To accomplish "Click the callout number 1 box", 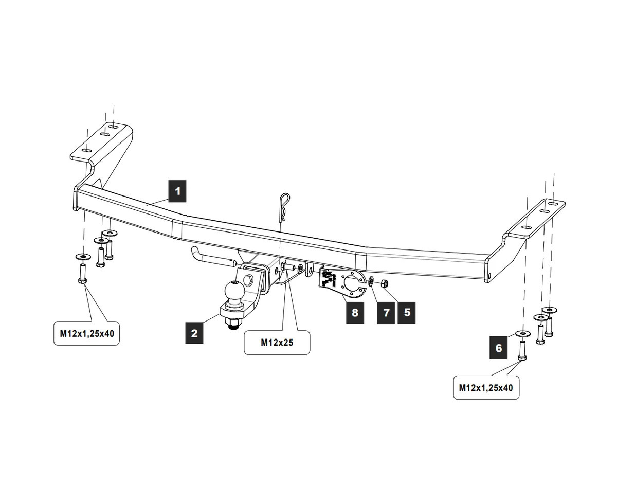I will [177, 191].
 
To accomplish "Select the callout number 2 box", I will [194, 333].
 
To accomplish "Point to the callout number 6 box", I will [498, 348].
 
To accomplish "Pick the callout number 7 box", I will [386, 312].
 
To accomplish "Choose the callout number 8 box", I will [354, 312].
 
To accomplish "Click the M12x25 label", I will [277, 342].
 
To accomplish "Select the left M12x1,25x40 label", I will [86, 333].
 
